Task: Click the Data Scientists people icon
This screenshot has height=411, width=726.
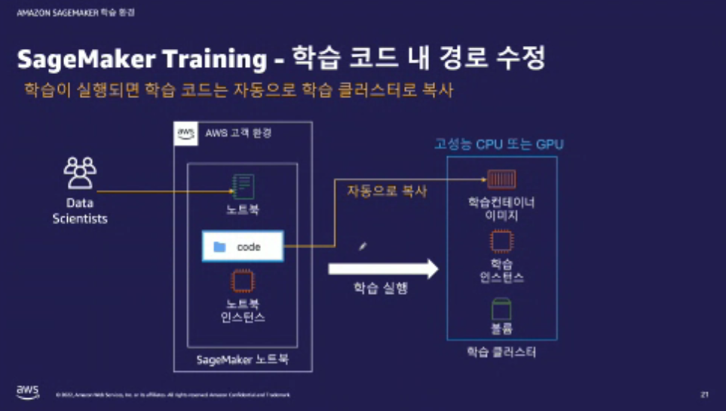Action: [80, 173]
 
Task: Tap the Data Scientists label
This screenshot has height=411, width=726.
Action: [80, 211]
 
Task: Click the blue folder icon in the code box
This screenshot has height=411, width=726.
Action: [219, 247]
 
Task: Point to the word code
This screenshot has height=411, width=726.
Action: [249, 247]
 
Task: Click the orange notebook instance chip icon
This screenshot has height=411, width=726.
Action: [242, 281]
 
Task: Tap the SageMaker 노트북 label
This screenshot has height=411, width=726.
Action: [243, 360]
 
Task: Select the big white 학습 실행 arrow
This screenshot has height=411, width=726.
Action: [383, 267]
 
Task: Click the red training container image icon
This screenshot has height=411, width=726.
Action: [502, 179]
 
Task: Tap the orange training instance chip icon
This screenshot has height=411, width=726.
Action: [502, 241]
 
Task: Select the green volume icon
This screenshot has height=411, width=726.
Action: [502, 308]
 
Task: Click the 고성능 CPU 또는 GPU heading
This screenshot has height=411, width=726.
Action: [498, 144]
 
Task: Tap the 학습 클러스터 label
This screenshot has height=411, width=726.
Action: [501, 351]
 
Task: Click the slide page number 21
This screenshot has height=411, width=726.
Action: [704, 394]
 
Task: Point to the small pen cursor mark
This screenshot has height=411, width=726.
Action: [363, 245]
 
